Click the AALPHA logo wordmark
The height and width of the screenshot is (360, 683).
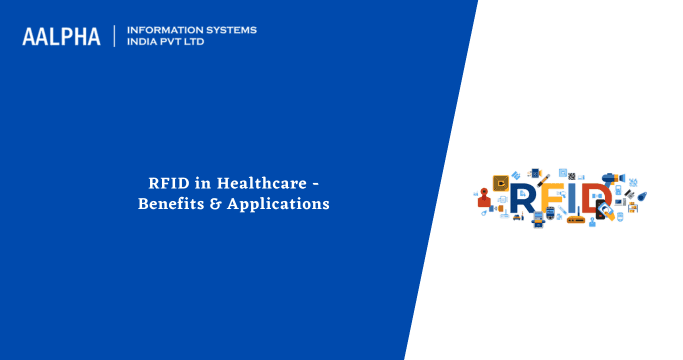(61, 36)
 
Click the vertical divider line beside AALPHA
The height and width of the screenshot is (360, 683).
(114, 36)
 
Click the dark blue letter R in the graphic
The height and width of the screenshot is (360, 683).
(523, 199)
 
